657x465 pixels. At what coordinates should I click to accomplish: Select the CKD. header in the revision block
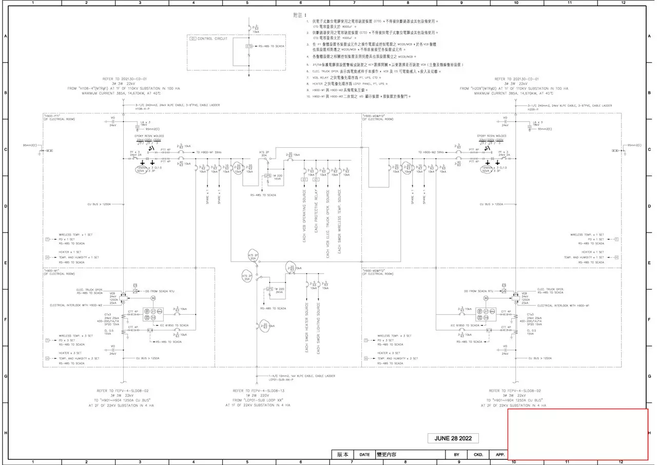coord(478,455)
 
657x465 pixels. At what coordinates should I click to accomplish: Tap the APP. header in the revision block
coord(500,455)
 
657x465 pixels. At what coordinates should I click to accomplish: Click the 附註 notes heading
coord(299,15)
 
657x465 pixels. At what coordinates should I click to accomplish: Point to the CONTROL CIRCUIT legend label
coord(210,38)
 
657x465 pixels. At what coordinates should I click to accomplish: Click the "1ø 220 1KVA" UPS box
coord(277,177)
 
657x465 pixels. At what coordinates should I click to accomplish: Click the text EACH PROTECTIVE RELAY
coord(316,216)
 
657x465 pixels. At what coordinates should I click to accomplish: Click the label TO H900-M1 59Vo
coord(209,152)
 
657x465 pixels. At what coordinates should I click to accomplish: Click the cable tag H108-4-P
coord(142,109)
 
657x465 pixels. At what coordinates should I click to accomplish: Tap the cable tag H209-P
coord(534,109)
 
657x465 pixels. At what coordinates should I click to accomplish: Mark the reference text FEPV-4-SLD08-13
coord(258,391)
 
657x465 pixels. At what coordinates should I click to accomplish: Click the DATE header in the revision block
coord(364,455)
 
